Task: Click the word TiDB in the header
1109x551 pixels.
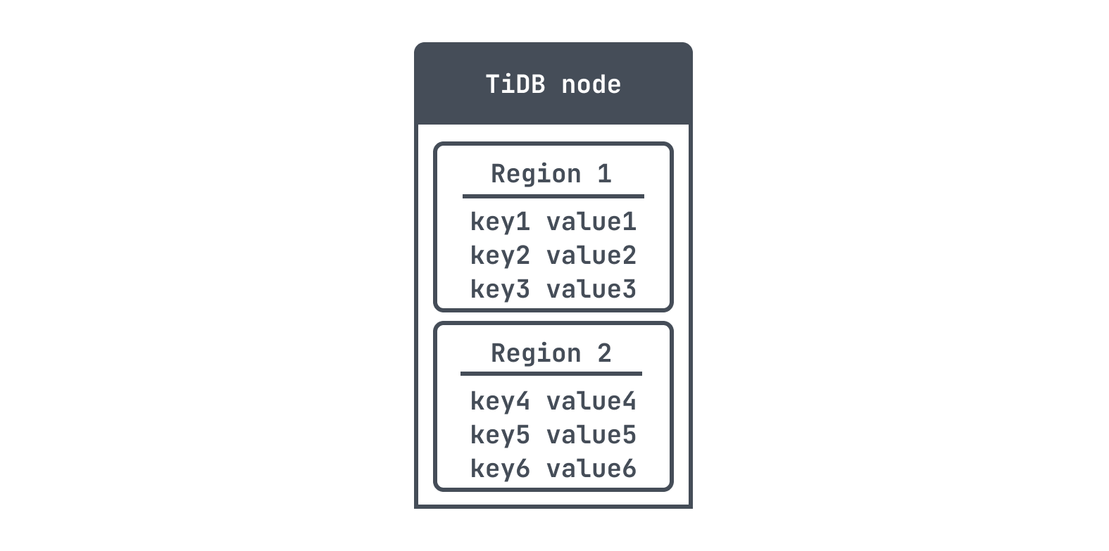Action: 515,84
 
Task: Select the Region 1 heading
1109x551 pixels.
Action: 551,174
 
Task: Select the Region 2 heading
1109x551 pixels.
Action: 551,353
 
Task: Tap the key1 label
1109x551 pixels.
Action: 499,222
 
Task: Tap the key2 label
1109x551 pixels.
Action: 499,255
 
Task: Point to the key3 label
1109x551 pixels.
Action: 499,289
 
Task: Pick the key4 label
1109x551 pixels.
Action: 499,401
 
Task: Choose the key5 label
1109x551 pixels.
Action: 499,436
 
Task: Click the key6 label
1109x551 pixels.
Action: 499,469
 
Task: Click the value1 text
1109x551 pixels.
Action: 591,222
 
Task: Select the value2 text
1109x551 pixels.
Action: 591,255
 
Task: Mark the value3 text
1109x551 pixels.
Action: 591,289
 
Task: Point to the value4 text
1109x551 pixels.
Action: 591,401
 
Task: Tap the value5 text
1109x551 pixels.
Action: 591,436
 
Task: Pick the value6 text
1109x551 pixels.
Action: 591,469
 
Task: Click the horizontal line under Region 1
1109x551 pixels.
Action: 553,196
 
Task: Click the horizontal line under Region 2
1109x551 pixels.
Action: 551,374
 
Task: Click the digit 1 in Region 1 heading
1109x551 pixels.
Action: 605,174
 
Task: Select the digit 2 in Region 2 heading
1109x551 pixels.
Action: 605,353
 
